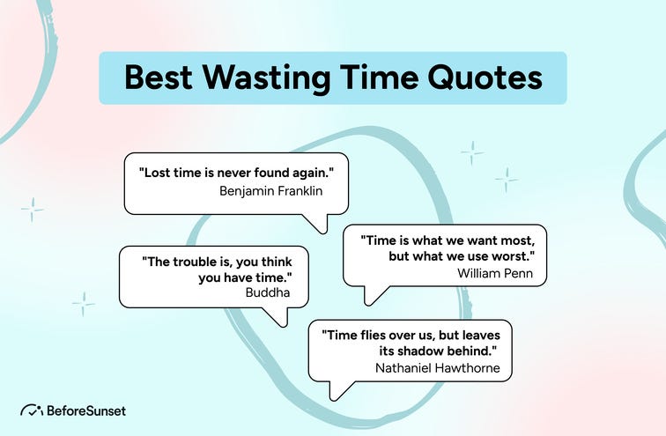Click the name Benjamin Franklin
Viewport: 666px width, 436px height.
click(271, 189)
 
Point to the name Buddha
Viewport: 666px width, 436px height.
click(269, 292)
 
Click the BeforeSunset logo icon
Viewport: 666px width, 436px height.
click(32, 410)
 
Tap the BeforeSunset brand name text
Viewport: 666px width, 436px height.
click(85, 410)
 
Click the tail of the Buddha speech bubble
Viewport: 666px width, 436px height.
click(280, 318)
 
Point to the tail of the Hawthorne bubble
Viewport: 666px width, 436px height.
click(335, 391)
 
